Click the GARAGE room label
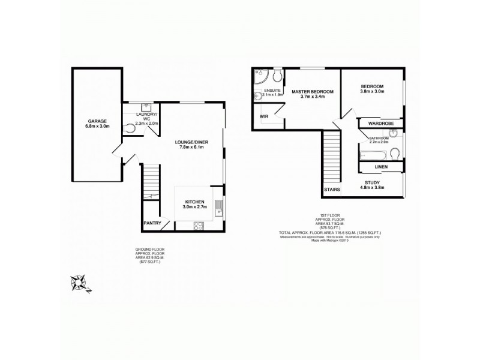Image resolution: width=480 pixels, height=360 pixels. click(96, 121)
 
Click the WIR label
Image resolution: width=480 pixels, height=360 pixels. click(263, 116)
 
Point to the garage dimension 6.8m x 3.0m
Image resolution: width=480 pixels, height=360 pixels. click(96, 126)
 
